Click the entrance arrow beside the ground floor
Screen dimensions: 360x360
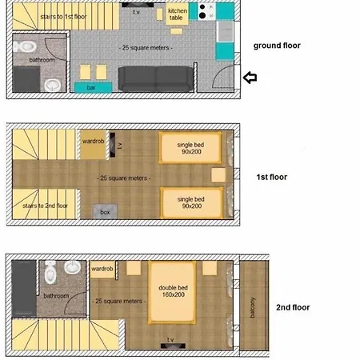coord(250,78)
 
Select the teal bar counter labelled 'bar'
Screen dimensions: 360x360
coord(92,86)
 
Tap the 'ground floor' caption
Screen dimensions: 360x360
coord(276,46)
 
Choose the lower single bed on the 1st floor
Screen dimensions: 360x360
coord(190,202)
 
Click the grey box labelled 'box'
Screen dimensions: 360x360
coord(105,212)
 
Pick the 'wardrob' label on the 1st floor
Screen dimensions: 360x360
coord(93,142)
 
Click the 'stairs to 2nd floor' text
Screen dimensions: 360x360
coord(46,206)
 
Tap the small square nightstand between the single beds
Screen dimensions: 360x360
coord(218,174)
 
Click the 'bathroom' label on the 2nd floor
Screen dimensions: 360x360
coord(56,295)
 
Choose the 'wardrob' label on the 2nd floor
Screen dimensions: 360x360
coord(102,270)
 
